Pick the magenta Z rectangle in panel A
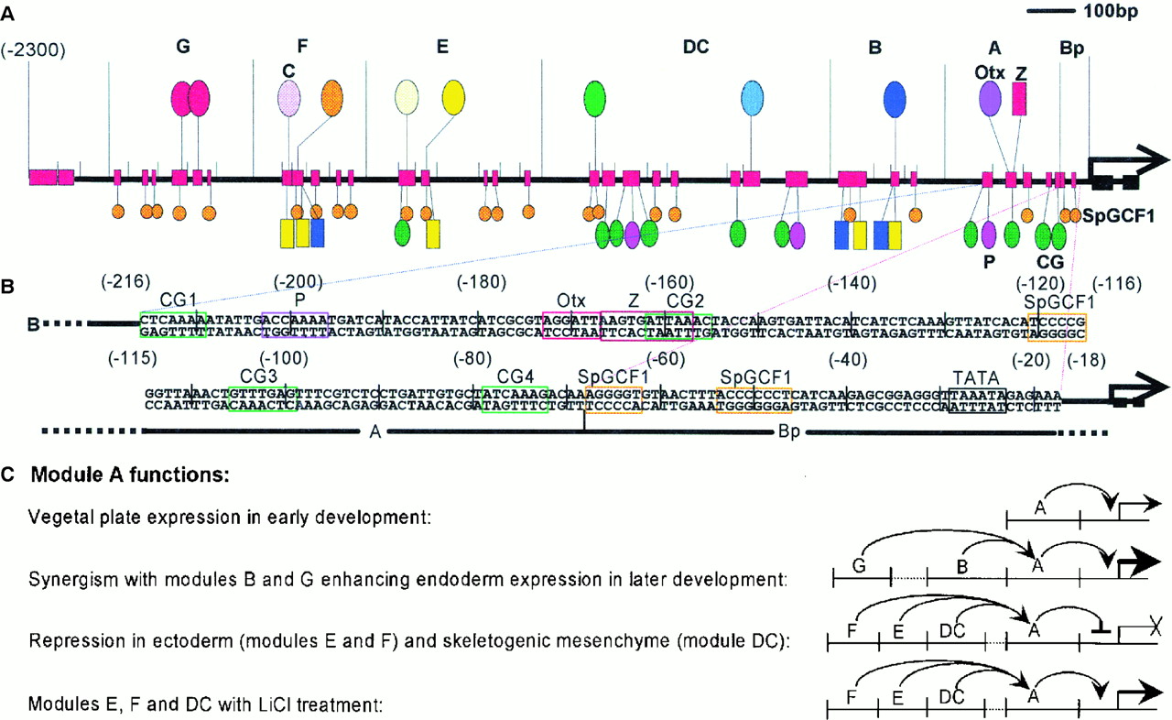coord(1019,99)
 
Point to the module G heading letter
coord(182,48)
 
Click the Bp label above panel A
coord(1071,49)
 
